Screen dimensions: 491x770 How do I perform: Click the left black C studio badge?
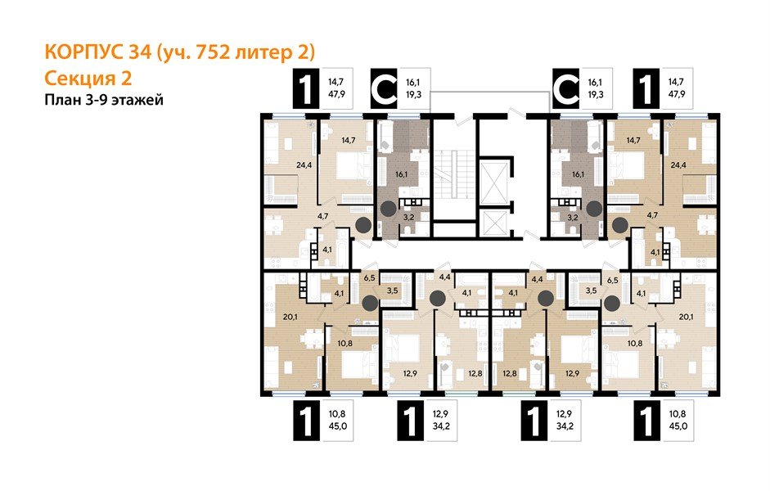click(385, 90)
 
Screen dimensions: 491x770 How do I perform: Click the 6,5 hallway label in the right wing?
click(610, 278)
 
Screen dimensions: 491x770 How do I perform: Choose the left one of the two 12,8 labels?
click(475, 374)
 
